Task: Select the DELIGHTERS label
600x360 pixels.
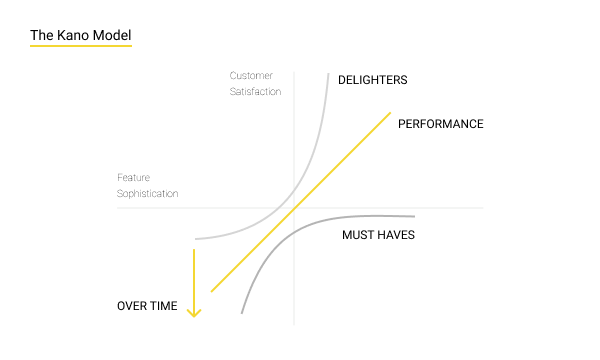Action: [x=373, y=80]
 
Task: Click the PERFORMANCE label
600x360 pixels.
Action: [x=440, y=124]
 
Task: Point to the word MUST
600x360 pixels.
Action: [x=359, y=235]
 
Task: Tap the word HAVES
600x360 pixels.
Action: [x=397, y=235]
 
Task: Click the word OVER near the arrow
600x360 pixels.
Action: [x=133, y=306]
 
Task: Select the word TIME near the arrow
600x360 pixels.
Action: [x=164, y=306]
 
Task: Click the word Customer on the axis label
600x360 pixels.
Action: [x=251, y=75]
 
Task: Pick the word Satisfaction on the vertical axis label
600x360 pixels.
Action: [x=255, y=91]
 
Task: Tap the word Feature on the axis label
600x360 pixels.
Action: [x=134, y=178]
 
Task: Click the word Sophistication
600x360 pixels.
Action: [x=148, y=193]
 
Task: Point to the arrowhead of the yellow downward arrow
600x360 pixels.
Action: [x=195, y=313]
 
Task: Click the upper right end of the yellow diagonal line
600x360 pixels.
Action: [x=390, y=113]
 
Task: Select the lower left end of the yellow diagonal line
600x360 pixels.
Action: [x=212, y=292]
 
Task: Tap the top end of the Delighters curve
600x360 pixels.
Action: [x=328, y=73]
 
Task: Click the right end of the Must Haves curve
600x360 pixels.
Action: [x=413, y=216]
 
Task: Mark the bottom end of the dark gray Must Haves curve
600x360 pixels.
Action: [x=242, y=313]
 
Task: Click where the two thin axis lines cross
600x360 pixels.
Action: [x=294, y=208]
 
